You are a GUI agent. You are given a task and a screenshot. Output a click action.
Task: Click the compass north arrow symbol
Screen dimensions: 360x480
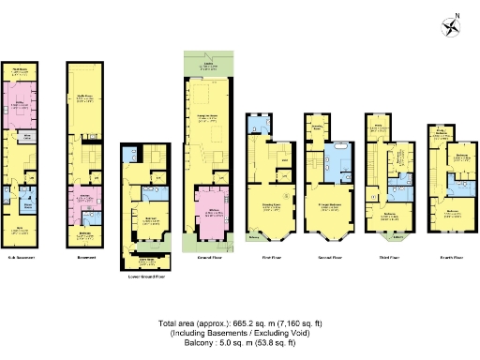pos(455,26)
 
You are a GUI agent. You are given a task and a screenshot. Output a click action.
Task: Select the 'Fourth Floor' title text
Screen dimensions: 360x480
pos(449,255)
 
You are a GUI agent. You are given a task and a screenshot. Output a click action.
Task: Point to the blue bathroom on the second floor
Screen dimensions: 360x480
pos(337,165)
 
